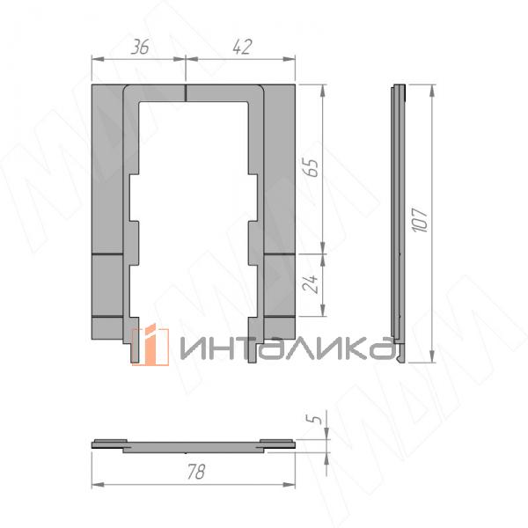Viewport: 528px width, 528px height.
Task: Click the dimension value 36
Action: pyautogui.click(x=140, y=47)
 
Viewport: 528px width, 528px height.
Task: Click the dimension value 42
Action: pyautogui.click(x=242, y=47)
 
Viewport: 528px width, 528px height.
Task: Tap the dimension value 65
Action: pyautogui.click(x=311, y=167)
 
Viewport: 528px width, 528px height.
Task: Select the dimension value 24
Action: pyautogui.click(x=311, y=283)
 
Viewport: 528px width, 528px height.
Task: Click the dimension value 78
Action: pyautogui.click(x=196, y=472)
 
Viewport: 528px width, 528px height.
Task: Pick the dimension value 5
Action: pyautogui.click(x=314, y=419)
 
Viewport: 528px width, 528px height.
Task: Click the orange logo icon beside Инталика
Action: pyautogui.click(x=150, y=345)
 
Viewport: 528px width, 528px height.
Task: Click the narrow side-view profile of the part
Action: pyautogui.click(x=399, y=223)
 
